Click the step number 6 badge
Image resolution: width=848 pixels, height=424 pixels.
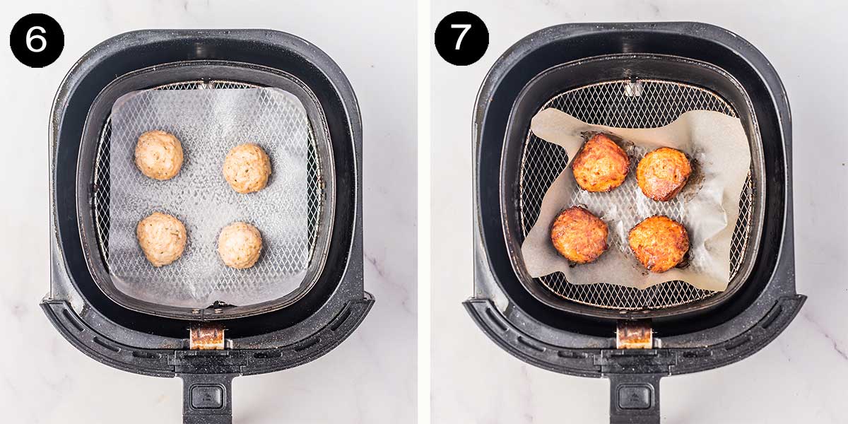click(37, 40)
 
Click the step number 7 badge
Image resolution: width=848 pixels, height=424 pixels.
click(461, 38)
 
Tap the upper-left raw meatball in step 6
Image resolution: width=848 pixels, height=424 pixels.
click(159, 155)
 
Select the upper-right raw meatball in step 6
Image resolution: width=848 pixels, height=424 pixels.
click(247, 168)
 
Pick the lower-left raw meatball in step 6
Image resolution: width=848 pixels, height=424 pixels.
click(162, 239)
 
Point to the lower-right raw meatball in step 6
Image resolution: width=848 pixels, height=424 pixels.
click(240, 245)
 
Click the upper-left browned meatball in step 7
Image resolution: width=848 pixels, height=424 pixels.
click(601, 163)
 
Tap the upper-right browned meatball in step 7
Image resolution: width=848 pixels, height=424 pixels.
click(664, 174)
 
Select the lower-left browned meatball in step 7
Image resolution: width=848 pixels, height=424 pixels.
click(579, 235)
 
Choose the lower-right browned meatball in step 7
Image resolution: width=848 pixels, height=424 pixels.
click(659, 244)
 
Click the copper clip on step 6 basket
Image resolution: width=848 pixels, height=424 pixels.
click(207, 337)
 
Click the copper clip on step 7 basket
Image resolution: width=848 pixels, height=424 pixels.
click(634, 335)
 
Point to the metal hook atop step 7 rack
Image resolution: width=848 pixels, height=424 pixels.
click(633, 88)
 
